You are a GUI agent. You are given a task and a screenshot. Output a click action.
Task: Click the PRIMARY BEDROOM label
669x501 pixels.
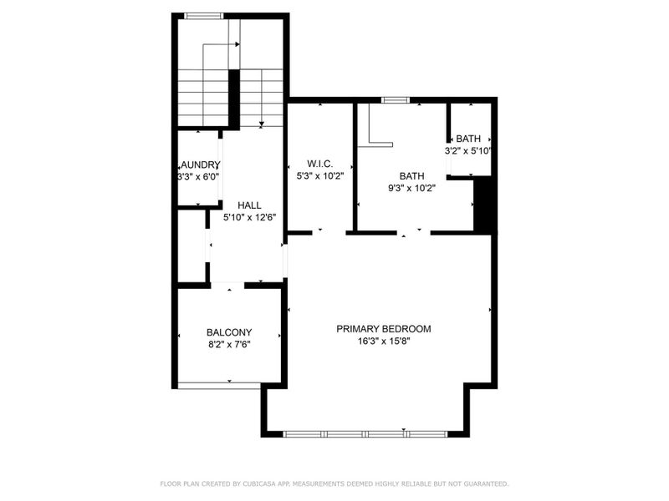click(x=384, y=329)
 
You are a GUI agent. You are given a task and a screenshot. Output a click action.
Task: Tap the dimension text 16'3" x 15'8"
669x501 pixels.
click(x=384, y=341)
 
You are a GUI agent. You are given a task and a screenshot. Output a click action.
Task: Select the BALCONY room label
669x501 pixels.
click(x=229, y=332)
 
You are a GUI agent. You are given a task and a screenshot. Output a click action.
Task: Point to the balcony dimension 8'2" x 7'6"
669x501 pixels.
click(x=229, y=344)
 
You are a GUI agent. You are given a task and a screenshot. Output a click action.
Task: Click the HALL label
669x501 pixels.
click(x=249, y=205)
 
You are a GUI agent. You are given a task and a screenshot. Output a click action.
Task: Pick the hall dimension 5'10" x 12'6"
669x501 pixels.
click(x=249, y=217)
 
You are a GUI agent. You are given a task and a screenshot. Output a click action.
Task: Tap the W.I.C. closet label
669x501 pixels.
click(x=320, y=164)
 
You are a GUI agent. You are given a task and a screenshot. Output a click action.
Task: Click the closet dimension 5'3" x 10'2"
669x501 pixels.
click(x=320, y=176)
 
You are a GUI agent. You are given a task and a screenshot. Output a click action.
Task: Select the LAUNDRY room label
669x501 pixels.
click(x=199, y=164)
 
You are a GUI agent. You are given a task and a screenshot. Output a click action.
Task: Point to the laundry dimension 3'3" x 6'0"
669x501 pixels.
click(x=199, y=177)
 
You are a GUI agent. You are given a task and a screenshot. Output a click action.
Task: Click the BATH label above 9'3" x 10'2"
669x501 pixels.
click(x=411, y=176)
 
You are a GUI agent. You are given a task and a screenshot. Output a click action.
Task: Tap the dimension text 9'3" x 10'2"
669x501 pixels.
click(x=411, y=189)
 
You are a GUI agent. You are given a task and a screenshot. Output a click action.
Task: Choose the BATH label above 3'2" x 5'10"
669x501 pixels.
click(x=468, y=139)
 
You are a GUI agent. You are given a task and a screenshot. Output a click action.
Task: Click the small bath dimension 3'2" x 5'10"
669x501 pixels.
click(x=468, y=151)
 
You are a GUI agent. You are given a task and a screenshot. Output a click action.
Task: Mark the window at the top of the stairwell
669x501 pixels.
click(x=203, y=15)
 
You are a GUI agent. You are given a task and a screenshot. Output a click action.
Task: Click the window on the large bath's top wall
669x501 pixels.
click(x=396, y=100)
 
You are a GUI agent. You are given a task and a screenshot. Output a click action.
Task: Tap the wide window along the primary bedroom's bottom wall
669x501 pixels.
click(x=365, y=433)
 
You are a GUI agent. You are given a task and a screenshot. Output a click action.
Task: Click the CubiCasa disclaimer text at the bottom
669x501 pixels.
click(x=334, y=483)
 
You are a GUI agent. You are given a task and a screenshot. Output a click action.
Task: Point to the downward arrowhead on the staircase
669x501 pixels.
click(x=262, y=124)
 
